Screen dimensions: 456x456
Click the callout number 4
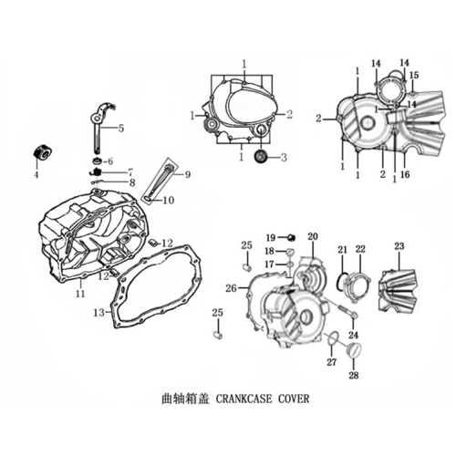36,175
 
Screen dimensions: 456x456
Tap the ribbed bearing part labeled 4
42,152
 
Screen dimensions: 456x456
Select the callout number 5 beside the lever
121,129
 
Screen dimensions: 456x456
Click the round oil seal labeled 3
261,157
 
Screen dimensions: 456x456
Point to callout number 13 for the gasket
99,312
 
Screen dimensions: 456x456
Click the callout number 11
80,294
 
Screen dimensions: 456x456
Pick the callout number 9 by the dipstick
188,174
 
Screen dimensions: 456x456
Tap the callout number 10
169,200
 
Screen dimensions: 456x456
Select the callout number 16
405,174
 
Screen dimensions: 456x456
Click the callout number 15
414,75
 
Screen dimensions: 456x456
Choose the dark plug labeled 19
292,237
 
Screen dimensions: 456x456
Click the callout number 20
313,236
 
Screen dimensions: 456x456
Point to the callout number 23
399,246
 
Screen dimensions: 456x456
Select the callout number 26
231,288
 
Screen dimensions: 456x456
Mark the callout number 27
332,362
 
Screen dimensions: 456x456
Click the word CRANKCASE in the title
244,399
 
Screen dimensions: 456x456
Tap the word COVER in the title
294,399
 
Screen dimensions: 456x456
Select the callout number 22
360,249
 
